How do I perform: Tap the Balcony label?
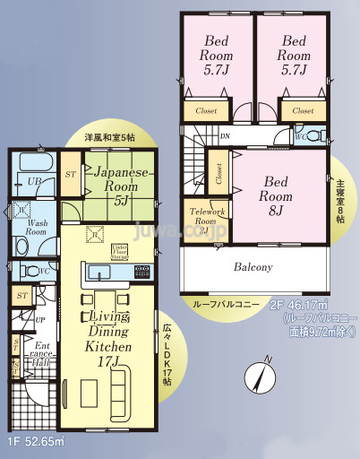click(x=253, y=267)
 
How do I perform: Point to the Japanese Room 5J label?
click(x=119, y=186)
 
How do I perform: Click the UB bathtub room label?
click(x=32, y=181)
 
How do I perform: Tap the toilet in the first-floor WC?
click(x=25, y=270)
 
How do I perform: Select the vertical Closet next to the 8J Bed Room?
click(x=218, y=173)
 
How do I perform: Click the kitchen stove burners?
click(x=141, y=271)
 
